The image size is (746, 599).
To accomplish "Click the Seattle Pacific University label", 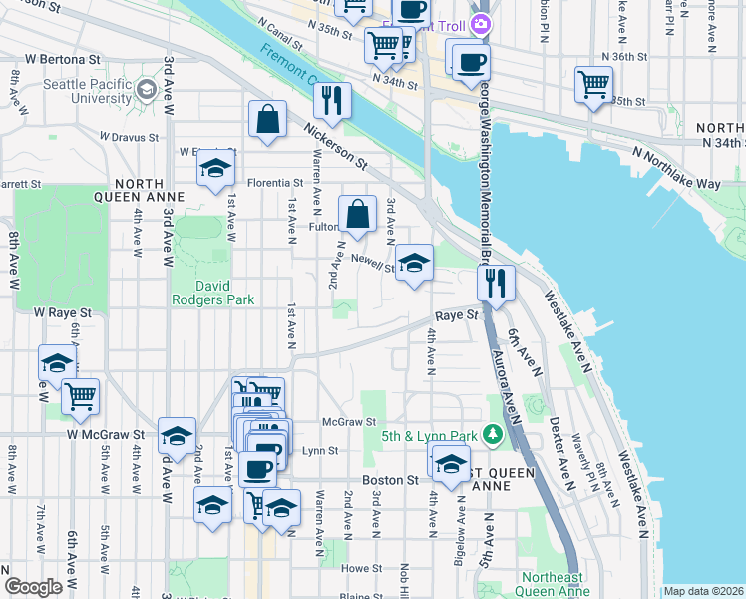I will tap(88, 91).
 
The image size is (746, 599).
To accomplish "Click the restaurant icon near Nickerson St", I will tap(330, 100).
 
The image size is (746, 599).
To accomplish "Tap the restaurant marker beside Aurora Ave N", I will tap(496, 283).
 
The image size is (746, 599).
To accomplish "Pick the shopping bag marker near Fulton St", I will tap(357, 214).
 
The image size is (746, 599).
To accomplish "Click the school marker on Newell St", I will tap(414, 264).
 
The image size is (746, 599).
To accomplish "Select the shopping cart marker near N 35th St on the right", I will tap(593, 84).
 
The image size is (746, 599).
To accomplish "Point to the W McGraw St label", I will tap(106, 435).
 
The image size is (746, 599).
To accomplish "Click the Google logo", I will tap(33, 587).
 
